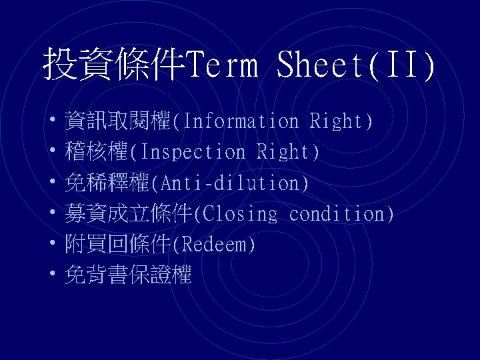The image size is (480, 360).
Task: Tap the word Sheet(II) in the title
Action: pyautogui.click(x=356, y=65)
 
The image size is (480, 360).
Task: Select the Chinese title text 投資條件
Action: pyautogui.click(x=114, y=65)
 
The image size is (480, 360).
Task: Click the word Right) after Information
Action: pyautogui.click(x=341, y=121)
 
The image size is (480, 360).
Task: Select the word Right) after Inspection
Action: pyautogui.click(x=288, y=152)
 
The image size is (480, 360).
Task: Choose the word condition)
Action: pyautogui.click(x=342, y=214)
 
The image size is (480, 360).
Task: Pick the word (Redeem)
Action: pyautogui.click(x=213, y=245)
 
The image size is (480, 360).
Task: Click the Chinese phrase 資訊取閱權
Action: pyautogui.click(x=118, y=121)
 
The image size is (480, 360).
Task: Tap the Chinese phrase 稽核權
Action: pyautogui.click(x=97, y=152)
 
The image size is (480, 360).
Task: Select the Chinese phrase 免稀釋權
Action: pyautogui.click(x=107, y=183)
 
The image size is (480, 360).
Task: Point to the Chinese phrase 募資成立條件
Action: pyautogui.click(x=129, y=214)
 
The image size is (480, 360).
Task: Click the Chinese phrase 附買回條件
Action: pyautogui.click(x=118, y=245)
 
